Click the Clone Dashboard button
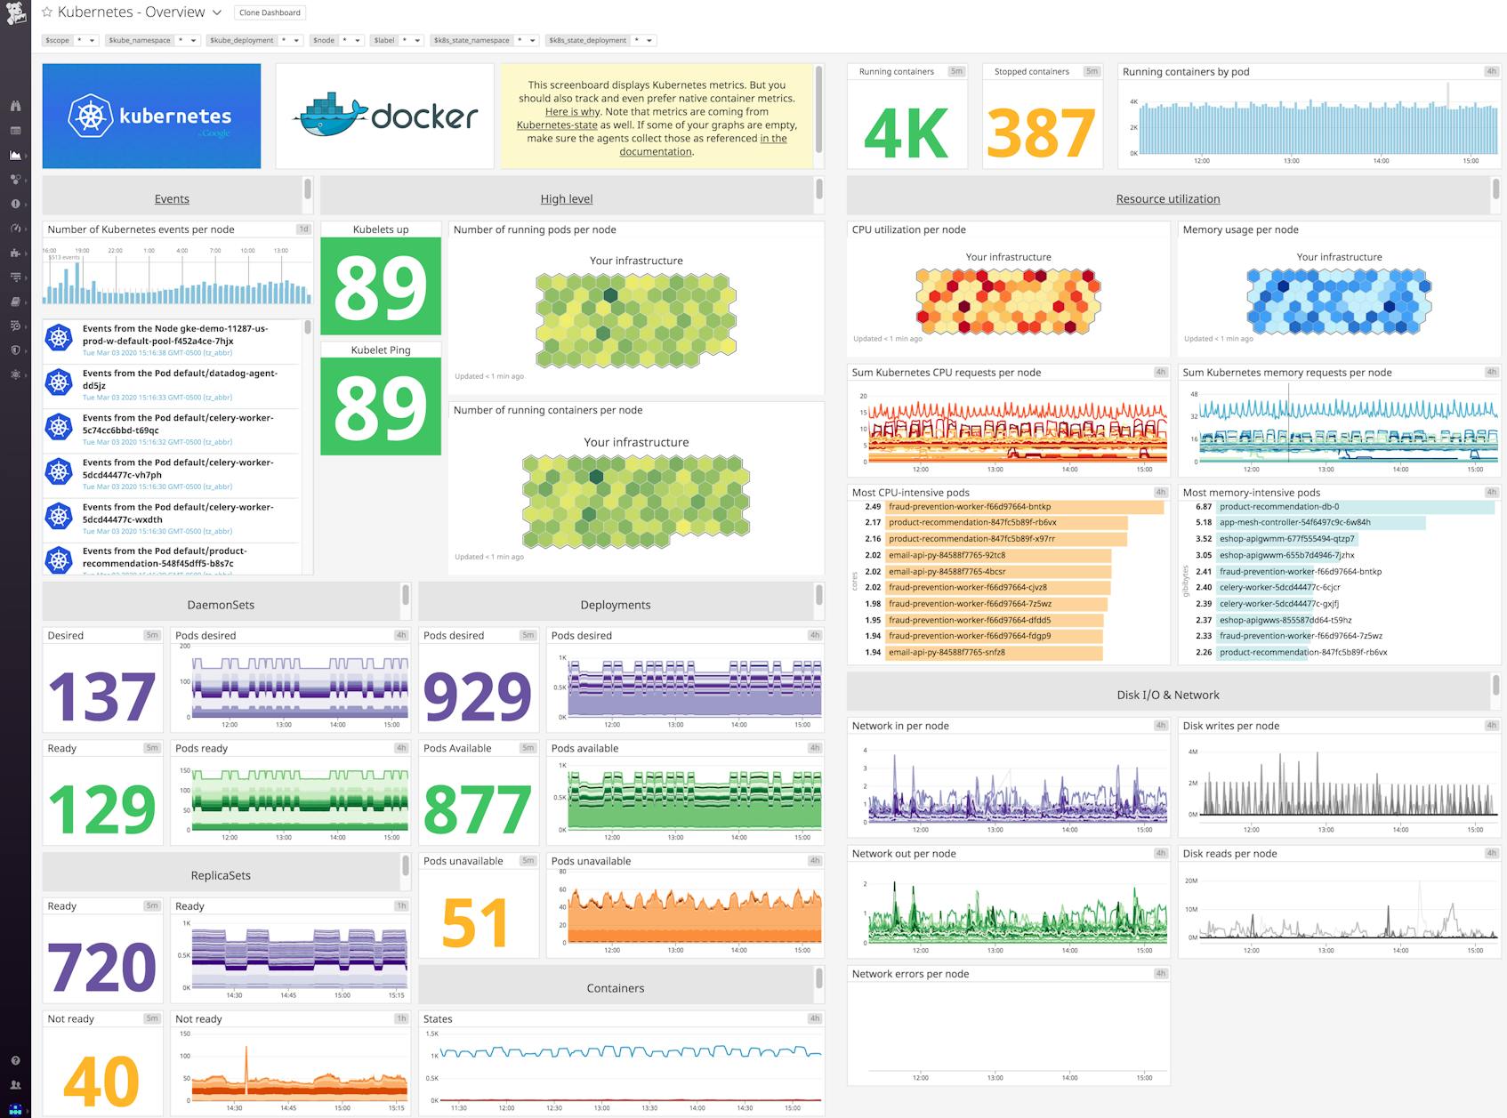(270, 12)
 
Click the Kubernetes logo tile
(151, 116)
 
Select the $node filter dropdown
(337, 40)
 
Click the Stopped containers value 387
(1040, 132)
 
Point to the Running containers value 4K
(906, 132)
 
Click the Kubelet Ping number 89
(381, 406)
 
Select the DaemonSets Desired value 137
(101, 696)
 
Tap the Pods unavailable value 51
(474, 922)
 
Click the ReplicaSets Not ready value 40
(101, 1081)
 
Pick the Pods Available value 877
(477, 808)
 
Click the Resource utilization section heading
(1167, 199)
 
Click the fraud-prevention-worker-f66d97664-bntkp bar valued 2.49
(1023, 507)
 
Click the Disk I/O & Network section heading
(1167, 696)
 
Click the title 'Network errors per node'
(910, 974)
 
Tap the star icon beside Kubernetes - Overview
(47, 12)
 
